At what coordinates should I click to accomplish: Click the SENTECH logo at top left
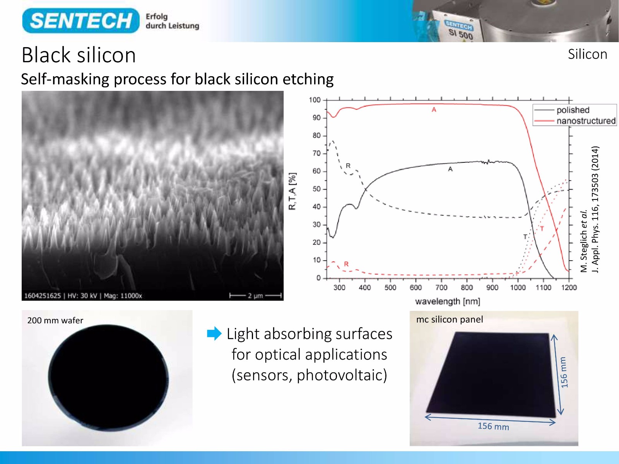click(81, 20)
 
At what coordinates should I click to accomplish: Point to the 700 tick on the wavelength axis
click(441, 287)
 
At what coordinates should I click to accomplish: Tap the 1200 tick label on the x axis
click(569, 287)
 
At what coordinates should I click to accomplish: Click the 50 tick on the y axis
click(317, 189)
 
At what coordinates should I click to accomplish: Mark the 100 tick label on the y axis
click(315, 100)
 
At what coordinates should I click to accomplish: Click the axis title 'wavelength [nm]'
click(448, 302)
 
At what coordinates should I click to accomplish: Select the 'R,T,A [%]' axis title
click(292, 191)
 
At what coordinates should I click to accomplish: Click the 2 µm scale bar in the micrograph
click(255, 295)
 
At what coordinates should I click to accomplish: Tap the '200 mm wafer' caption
click(55, 320)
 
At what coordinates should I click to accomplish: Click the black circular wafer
click(108, 378)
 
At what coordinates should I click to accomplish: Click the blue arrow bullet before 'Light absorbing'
click(214, 334)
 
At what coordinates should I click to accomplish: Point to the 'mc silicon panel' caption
click(450, 319)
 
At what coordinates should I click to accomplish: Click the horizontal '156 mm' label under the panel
click(493, 426)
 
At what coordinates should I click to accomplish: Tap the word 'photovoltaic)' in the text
click(342, 375)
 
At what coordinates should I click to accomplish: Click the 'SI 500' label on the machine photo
click(461, 34)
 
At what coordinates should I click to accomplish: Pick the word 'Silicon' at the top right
click(587, 55)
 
